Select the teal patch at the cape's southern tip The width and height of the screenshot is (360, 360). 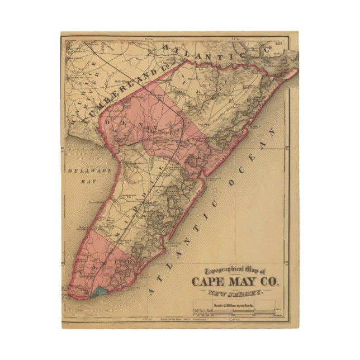[x=101, y=291]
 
